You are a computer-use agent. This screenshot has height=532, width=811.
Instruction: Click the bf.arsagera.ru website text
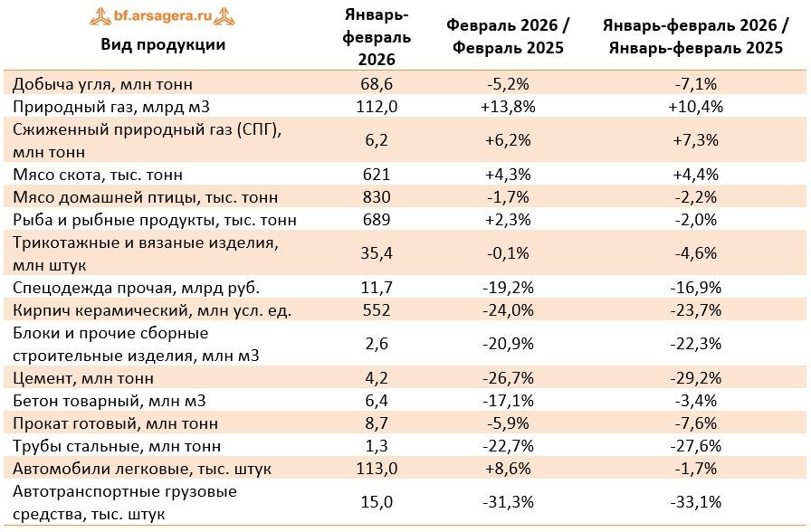coord(163,15)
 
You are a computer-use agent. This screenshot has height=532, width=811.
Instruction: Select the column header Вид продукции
coord(163,44)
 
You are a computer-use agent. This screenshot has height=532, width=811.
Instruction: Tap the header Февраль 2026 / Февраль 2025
coord(508,36)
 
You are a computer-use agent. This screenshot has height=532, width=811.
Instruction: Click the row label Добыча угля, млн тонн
coord(102,84)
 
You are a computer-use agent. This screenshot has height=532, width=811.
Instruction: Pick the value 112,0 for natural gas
coord(377,107)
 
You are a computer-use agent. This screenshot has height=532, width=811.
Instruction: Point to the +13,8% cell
coord(508,107)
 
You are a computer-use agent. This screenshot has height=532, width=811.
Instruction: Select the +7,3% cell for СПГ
coord(696,140)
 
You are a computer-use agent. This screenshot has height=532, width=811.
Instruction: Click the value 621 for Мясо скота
coord(377,175)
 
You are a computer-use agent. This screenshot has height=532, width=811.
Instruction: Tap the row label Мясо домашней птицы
coord(146,197)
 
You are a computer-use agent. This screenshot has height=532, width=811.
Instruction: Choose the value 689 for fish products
coord(377,220)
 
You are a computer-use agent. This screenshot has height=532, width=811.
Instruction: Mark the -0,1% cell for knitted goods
coord(508,253)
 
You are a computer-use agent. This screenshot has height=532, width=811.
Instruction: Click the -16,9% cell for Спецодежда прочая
coord(696,288)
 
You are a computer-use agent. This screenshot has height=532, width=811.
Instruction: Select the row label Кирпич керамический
coord(152,310)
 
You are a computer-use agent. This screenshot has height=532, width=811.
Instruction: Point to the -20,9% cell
coord(508,344)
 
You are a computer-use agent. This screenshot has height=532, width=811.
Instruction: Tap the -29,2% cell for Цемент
coord(696,378)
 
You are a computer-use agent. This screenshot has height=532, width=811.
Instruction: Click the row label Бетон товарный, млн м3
coord(110,401)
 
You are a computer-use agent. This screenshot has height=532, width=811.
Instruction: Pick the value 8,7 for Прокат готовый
coord(377,423)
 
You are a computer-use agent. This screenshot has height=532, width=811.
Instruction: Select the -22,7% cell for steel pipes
coord(508,446)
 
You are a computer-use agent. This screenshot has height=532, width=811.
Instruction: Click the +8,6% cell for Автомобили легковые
coord(508,469)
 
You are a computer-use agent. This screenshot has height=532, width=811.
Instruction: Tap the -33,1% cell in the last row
coord(696,502)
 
